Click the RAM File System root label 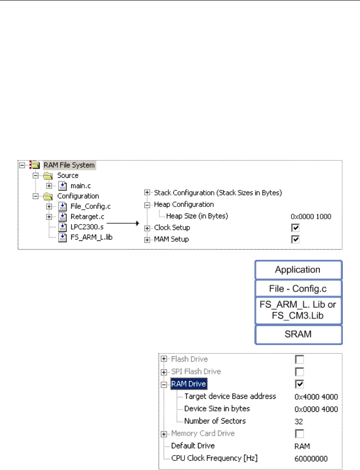[x=69, y=165]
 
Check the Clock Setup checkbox [x=295, y=228]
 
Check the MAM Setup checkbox [x=295, y=240]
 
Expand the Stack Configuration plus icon [x=147, y=193]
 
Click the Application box [x=297, y=270]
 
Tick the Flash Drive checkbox [x=299, y=359]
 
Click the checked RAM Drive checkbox [x=299, y=384]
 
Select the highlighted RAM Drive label [x=188, y=384]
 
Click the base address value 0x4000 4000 [x=316, y=397]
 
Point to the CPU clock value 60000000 [x=311, y=458]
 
